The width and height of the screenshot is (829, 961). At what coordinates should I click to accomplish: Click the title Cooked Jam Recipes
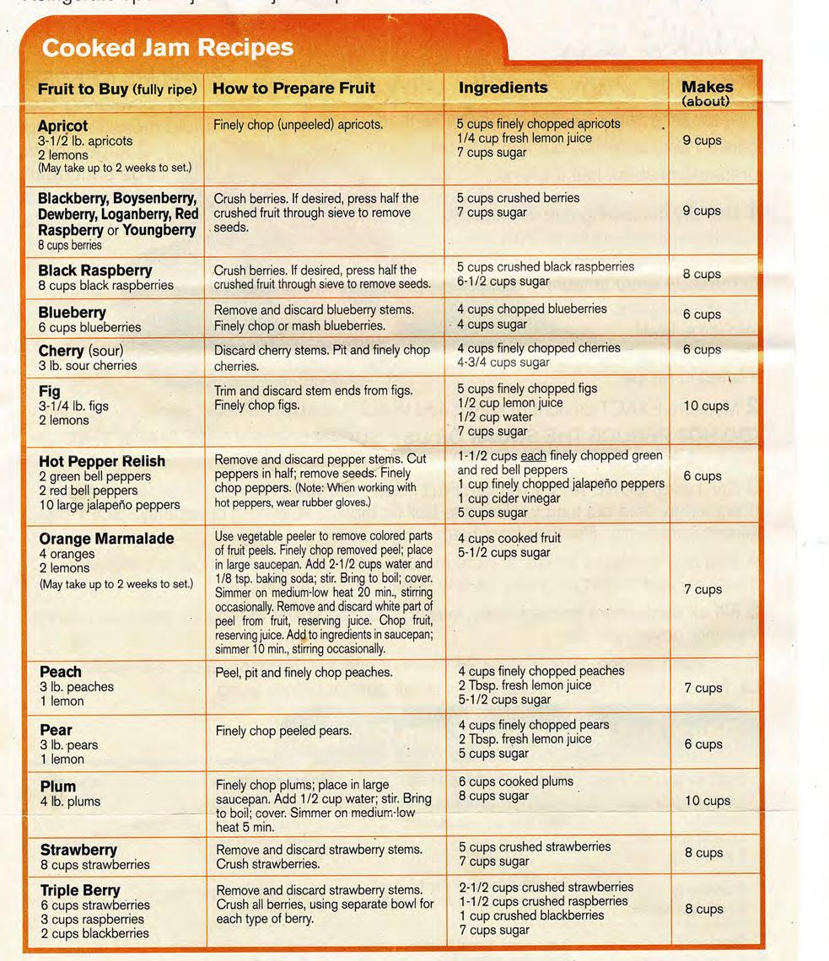coord(167,47)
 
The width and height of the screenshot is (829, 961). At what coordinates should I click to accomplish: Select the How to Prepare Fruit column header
coord(293,88)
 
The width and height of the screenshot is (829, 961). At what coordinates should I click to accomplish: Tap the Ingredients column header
coord(503,88)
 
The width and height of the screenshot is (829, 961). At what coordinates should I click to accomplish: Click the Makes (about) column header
coord(707,92)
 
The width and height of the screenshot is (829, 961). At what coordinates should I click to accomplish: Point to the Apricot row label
coord(62,126)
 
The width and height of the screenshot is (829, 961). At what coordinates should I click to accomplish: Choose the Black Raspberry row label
coord(94,271)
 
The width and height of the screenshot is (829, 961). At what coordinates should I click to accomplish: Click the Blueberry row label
coord(72,313)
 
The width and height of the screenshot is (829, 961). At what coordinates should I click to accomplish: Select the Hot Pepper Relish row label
coord(101,461)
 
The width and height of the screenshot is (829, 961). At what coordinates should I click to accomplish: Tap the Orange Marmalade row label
coord(106,539)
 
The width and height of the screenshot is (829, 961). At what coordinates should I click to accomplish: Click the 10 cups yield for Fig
coord(706,406)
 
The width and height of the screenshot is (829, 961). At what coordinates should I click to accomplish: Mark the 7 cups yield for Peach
coord(702,688)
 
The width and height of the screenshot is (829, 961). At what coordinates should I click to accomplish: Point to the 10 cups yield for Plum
coord(707,801)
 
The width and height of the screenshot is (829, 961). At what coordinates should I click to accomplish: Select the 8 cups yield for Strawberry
coord(703,853)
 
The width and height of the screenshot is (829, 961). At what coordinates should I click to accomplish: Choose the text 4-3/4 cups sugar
coord(503,362)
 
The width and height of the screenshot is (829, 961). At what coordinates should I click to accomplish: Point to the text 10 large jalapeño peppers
coord(109,505)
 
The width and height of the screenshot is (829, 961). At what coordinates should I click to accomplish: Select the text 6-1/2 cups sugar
coord(503,281)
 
